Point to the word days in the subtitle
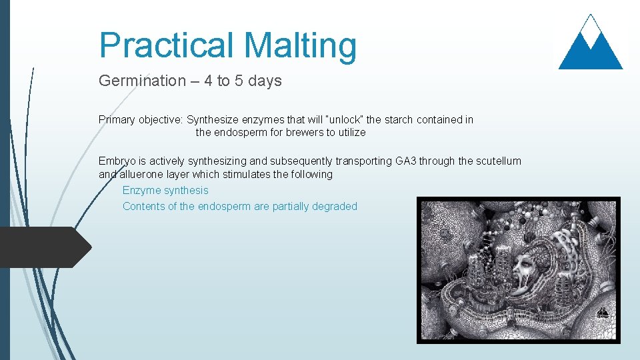(x=264, y=81)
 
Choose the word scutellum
(x=498, y=161)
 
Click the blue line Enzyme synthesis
(x=165, y=191)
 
